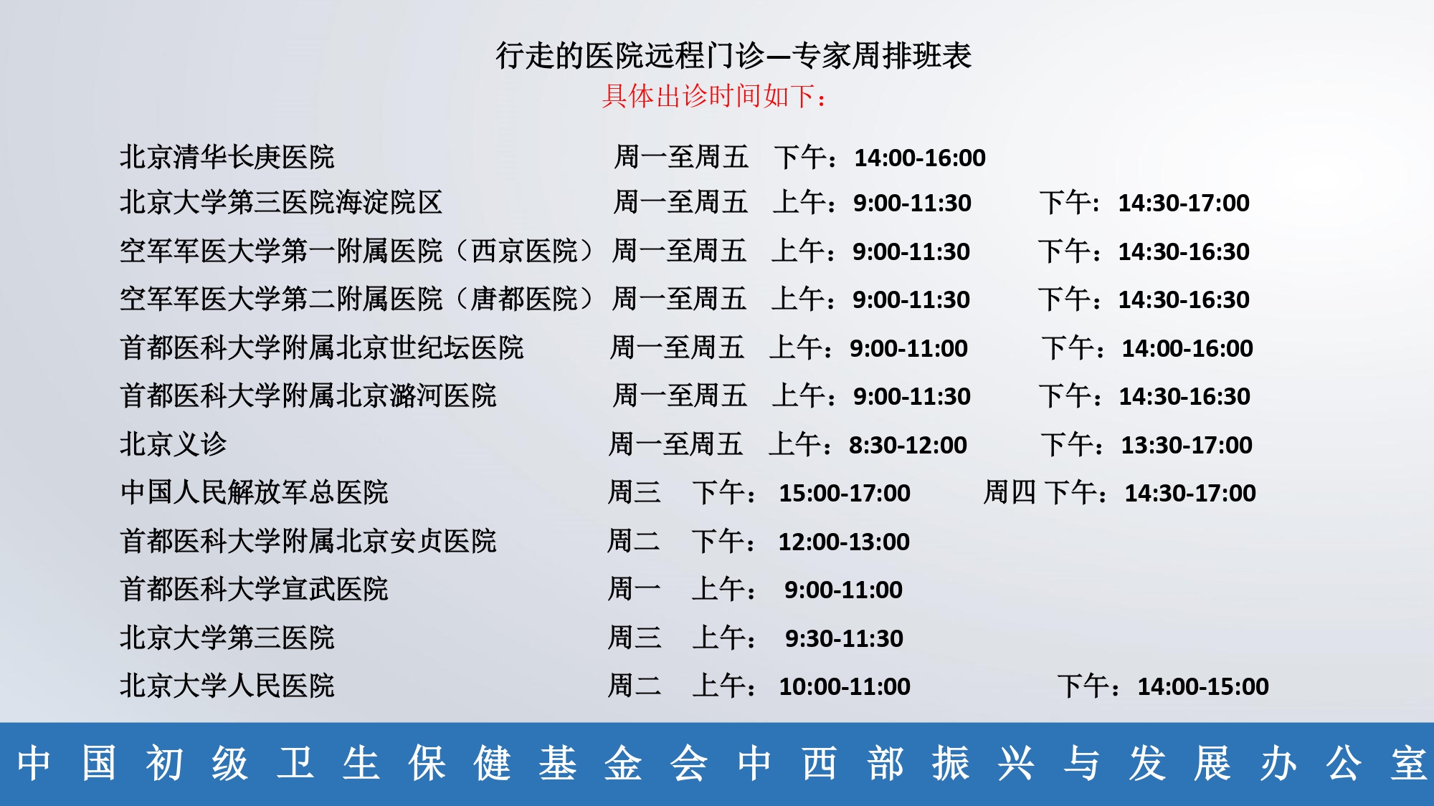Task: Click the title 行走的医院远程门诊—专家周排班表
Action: click(733, 56)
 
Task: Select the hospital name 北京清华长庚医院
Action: click(227, 157)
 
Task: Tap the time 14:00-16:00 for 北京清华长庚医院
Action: click(920, 158)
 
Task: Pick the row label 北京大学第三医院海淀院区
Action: click(281, 203)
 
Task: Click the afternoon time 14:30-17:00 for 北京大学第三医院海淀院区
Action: click(1184, 203)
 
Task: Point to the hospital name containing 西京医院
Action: click(356, 251)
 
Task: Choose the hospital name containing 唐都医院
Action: click(356, 299)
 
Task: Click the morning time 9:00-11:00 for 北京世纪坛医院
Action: click(908, 348)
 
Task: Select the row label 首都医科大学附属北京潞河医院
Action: click(308, 395)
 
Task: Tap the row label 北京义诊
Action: click(174, 444)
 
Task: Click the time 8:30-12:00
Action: click(908, 445)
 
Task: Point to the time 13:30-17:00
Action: click(1187, 445)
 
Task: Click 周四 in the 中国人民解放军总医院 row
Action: click(1010, 492)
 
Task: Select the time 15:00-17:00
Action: click(845, 493)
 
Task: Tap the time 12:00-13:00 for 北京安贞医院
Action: click(844, 542)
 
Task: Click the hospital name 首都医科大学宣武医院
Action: click(255, 589)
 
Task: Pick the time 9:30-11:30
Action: click(844, 638)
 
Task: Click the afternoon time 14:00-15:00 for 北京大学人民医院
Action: click(1203, 686)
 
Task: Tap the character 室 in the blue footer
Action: click(1408, 763)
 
